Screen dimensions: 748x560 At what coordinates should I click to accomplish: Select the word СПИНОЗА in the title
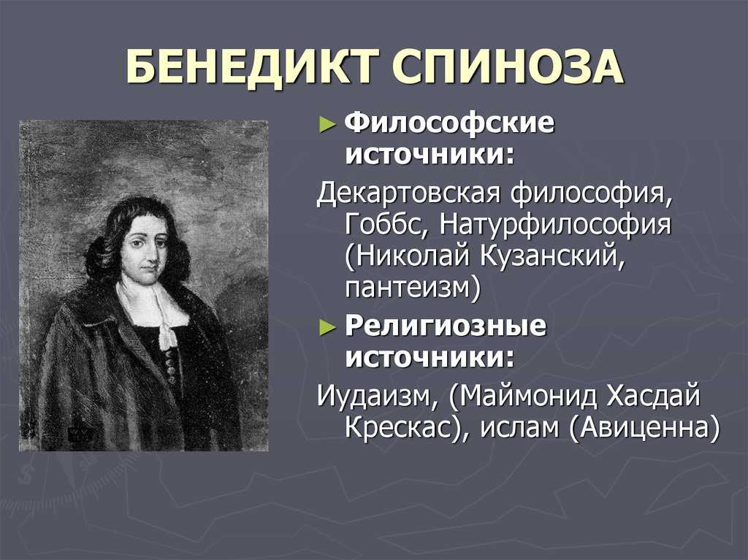point(508,66)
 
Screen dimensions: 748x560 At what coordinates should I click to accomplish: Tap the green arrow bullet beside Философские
point(327,125)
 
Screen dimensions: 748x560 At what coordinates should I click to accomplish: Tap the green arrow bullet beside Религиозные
point(327,328)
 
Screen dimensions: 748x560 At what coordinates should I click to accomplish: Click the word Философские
point(449,124)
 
